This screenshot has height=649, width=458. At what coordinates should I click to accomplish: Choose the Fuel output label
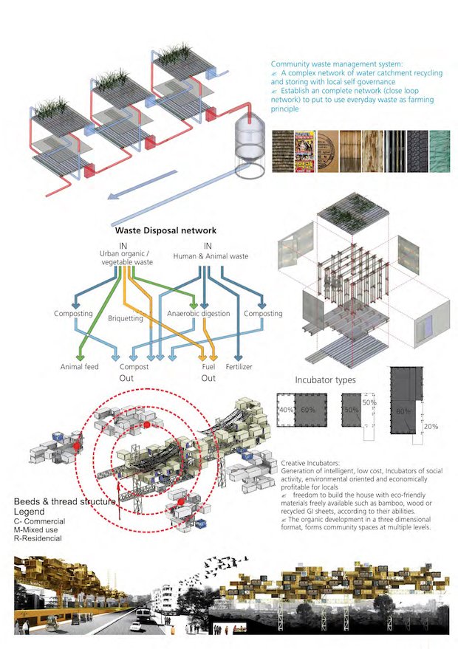click(208, 367)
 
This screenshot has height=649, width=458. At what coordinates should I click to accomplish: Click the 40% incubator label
click(284, 410)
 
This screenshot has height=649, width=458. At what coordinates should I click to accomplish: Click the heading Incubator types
click(326, 380)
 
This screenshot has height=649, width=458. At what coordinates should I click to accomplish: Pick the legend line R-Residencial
click(44, 538)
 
